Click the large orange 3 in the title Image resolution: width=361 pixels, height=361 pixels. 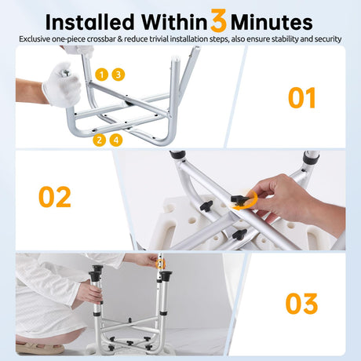218,20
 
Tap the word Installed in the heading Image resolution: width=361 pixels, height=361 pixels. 90,22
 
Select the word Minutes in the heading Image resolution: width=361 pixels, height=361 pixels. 272,23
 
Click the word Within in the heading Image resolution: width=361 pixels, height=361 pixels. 174,22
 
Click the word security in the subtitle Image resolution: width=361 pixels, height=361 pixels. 328,39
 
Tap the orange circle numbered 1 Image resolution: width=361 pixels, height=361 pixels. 102,75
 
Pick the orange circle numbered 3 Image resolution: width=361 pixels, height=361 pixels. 119,75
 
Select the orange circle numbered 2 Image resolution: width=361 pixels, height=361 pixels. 100,140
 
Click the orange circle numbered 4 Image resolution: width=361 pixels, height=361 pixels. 116,140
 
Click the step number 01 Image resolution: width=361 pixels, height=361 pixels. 302,98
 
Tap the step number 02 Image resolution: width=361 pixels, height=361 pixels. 55,197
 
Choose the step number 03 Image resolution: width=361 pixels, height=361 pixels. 301,304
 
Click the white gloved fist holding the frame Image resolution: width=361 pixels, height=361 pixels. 62,84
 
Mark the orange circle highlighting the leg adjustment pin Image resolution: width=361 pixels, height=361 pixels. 160,264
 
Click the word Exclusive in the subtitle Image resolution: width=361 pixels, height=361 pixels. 35,39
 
